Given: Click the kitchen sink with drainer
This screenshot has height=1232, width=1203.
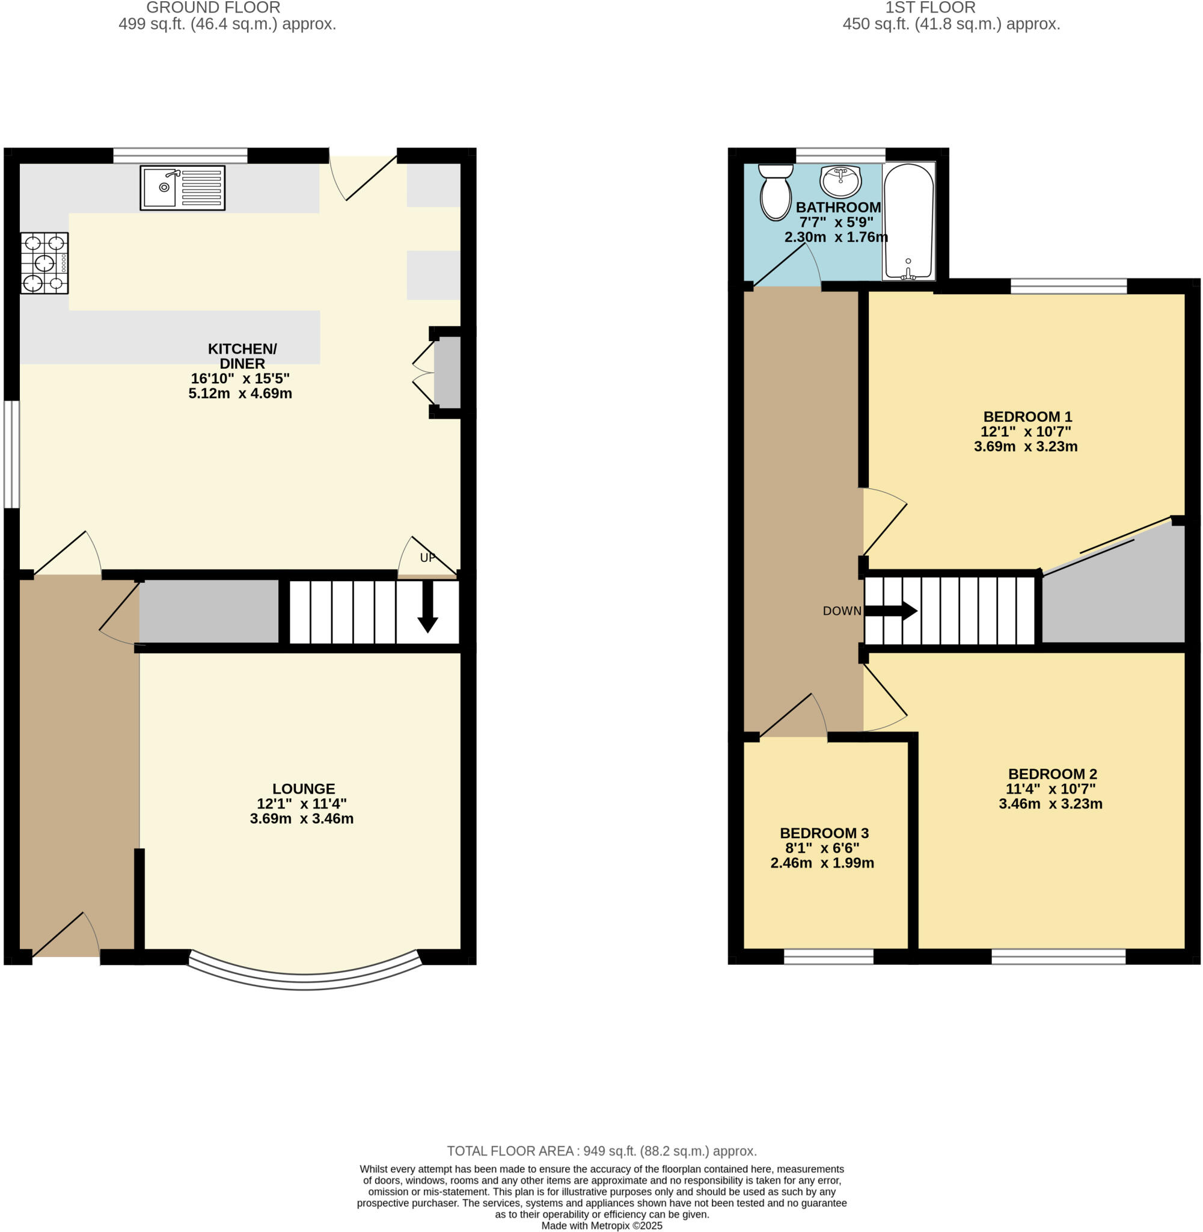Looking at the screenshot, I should coord(182,187).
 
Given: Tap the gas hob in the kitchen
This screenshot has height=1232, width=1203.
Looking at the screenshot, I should coord(44,263).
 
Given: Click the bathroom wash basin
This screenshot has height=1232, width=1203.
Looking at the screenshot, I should coord(840,182).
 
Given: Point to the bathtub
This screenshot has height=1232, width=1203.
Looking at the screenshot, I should coord(908,221).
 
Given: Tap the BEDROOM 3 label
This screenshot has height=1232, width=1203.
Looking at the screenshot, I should coord(824,833).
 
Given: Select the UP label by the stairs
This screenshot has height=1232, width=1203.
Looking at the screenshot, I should coord(427,558).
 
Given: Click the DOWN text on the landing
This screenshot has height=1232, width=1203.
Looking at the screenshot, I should coord(842,611).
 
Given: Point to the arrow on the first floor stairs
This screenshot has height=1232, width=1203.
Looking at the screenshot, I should coord(891,611).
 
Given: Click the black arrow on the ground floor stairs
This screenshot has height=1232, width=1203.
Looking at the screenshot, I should coord(427,607).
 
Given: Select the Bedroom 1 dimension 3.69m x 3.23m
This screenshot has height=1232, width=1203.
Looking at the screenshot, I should coord(1026,447).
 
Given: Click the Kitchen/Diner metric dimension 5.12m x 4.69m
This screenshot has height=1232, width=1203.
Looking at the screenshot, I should coord(240,394).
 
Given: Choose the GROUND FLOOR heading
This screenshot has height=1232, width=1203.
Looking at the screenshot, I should coord(213,8).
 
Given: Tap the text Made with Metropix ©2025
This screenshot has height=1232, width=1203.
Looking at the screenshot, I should coord(601,1225).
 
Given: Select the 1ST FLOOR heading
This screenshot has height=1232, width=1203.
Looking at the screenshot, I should coord(930,8).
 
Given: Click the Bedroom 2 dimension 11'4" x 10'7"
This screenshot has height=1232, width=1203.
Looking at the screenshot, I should coord(1050,789).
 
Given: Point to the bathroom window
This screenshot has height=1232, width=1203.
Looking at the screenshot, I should coord(840,155).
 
